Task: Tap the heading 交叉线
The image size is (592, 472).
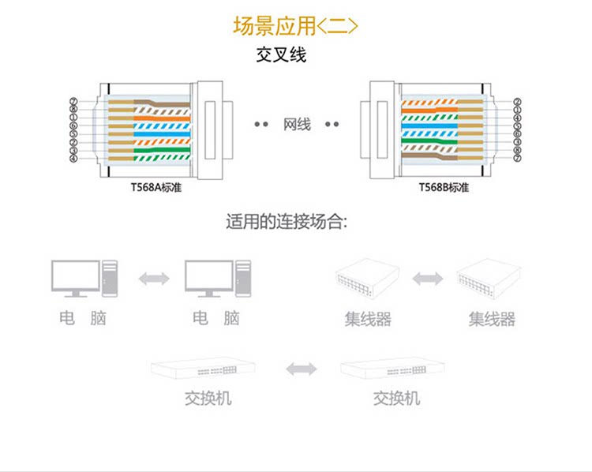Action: pos(281,55)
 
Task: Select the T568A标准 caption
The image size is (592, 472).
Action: pos(152,188)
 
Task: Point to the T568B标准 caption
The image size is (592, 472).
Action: pos(444,188)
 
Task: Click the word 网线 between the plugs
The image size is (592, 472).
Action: pos(297,125)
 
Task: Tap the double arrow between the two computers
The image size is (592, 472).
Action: pos(154,278)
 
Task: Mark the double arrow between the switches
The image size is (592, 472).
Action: pos(301,369)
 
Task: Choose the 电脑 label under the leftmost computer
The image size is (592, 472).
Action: pos(83,318)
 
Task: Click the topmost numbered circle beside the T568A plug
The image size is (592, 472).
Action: pos(73,101)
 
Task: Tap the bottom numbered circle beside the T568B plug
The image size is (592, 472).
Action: pos(518,158)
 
